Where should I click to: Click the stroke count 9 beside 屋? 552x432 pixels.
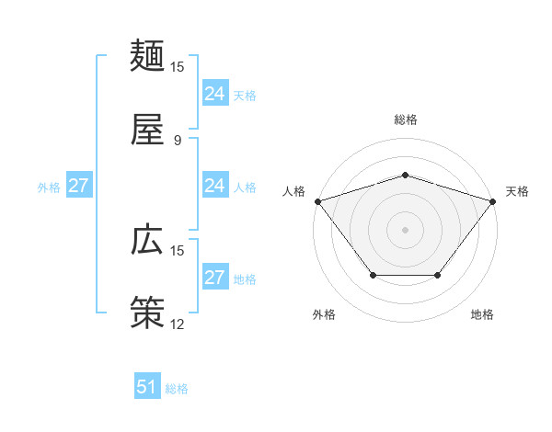pyautogui.click(x=177, y=140)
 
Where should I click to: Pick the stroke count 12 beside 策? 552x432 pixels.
pyautogui.click(x=177, y=324)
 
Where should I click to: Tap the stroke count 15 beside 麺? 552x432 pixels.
pyautogui.click(x=177, y=67)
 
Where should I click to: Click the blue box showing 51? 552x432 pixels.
pyautogui.click(x=147, y=387)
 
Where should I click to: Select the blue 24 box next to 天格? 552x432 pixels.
pyautogui.click(x=215, y=94)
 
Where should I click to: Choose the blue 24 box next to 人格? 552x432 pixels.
pyautogui.click(x=215, y=186)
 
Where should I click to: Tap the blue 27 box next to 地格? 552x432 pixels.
pyautogui.click(x=215, y=278)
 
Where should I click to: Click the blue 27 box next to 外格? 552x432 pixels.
pyautogui.click(x=79, y=186)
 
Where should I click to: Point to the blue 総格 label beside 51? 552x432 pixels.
pyautogui.click(x=177, y=389)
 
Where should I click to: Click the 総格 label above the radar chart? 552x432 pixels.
pyautogui.click(x=405, y=119)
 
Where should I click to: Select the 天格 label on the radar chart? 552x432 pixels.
pyautogui.click(x=517, y=191)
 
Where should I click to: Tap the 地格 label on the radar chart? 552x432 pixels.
pyautogui.click(x=482, y=314)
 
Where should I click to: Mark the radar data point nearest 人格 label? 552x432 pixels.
pyautogui.click(x=317, y=200)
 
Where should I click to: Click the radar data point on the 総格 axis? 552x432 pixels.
pyautogui.click(x=405, y=175)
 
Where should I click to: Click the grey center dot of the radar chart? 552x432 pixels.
pyautogui.click(x=405, y=229)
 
